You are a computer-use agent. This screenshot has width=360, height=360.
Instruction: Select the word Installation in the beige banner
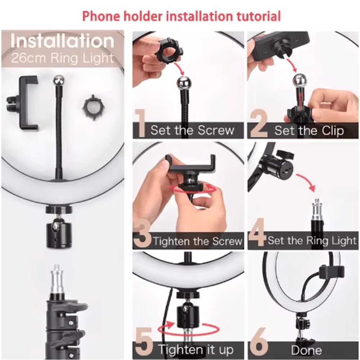coord(62,41)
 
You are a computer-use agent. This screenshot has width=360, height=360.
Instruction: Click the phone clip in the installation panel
coord(25,102)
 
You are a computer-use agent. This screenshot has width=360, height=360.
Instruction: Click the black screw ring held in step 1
coord(168,53)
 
